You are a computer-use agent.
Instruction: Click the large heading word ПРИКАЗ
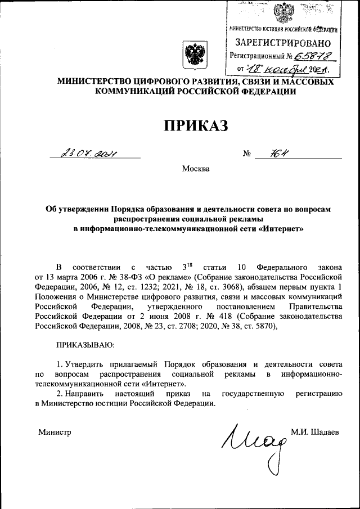188,124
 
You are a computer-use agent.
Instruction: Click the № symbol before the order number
246,153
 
